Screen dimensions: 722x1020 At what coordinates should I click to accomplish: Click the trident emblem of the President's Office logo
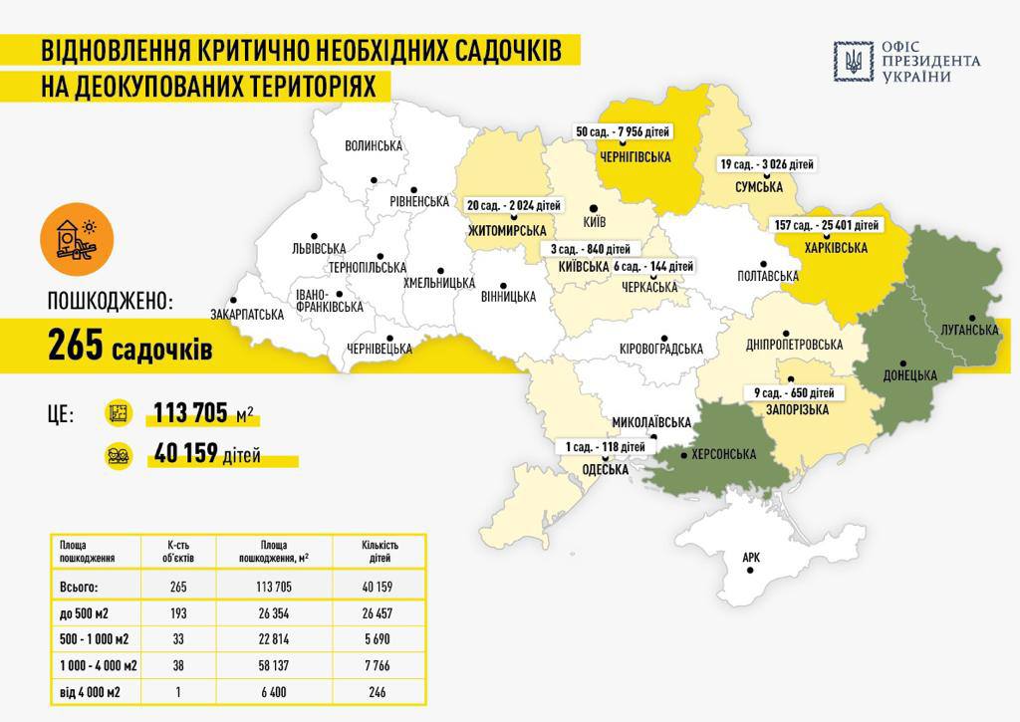tap(854, 61)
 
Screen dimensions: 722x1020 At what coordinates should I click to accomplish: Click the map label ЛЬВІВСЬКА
tap(312, 248)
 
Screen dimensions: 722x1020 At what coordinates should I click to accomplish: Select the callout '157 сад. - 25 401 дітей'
tap(826, 225)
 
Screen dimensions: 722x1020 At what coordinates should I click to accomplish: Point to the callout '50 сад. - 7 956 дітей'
tap(624, 131)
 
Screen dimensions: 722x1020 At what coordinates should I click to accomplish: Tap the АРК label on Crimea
tap(751, 558)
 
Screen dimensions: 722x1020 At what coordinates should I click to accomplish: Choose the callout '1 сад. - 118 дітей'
tap(606, 448)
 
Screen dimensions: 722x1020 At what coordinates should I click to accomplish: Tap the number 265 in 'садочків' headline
tap(76, 348)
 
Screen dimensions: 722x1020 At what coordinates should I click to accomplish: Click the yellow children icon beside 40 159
tap(119, 456)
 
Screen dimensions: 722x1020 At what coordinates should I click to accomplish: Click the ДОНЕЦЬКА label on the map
tap(910, 375)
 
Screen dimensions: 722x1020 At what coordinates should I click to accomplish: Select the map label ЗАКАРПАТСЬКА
tap(246, 314)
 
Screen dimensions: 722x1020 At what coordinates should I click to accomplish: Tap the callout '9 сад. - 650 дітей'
tap(794, 391)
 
